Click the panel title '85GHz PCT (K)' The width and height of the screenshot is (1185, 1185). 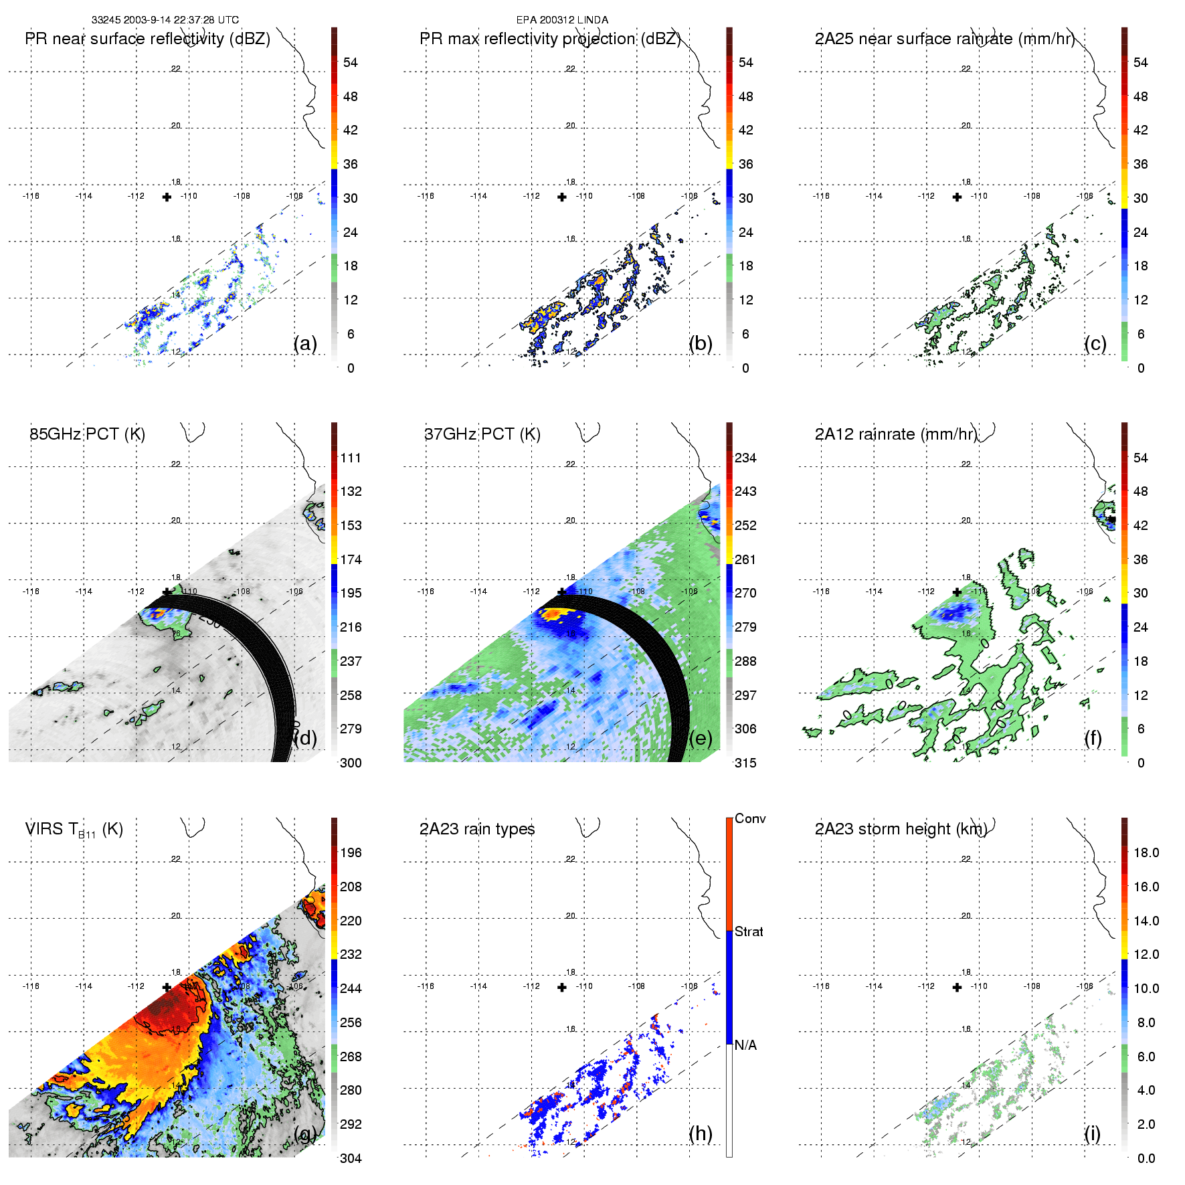click(87, 434)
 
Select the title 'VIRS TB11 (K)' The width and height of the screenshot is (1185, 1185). click(74, 830)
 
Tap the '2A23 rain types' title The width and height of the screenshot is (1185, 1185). click(477, 829)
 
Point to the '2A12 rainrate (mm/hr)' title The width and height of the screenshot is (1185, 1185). click(895, 434)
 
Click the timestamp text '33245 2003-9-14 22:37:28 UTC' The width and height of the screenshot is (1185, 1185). click(165, 20)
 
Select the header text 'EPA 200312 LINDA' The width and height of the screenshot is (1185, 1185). click(562, 20)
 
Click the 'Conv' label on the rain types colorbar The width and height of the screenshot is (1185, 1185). click(749, 818)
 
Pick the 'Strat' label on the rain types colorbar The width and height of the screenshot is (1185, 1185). click(749, 931)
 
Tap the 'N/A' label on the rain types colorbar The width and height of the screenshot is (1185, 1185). click(745, 1045)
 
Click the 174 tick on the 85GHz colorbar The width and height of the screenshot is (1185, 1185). click(351, 559)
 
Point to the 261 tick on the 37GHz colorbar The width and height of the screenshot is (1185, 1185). click(745, 559)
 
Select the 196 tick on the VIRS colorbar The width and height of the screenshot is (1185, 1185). click(351, 852)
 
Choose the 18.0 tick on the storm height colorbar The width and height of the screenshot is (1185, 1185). click(1146, 852)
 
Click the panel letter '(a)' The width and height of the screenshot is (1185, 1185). click(305, 343)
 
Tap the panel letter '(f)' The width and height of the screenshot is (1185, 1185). click(1093, 738)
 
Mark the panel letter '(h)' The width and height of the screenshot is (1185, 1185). click(700, 1133)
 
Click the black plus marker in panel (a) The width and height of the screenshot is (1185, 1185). click(167, 197)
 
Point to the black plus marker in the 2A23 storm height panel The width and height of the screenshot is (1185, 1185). click(957, 987)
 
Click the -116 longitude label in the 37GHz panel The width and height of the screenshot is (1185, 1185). click(426, 591)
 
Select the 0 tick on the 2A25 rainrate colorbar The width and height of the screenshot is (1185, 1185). click(1141, 368)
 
